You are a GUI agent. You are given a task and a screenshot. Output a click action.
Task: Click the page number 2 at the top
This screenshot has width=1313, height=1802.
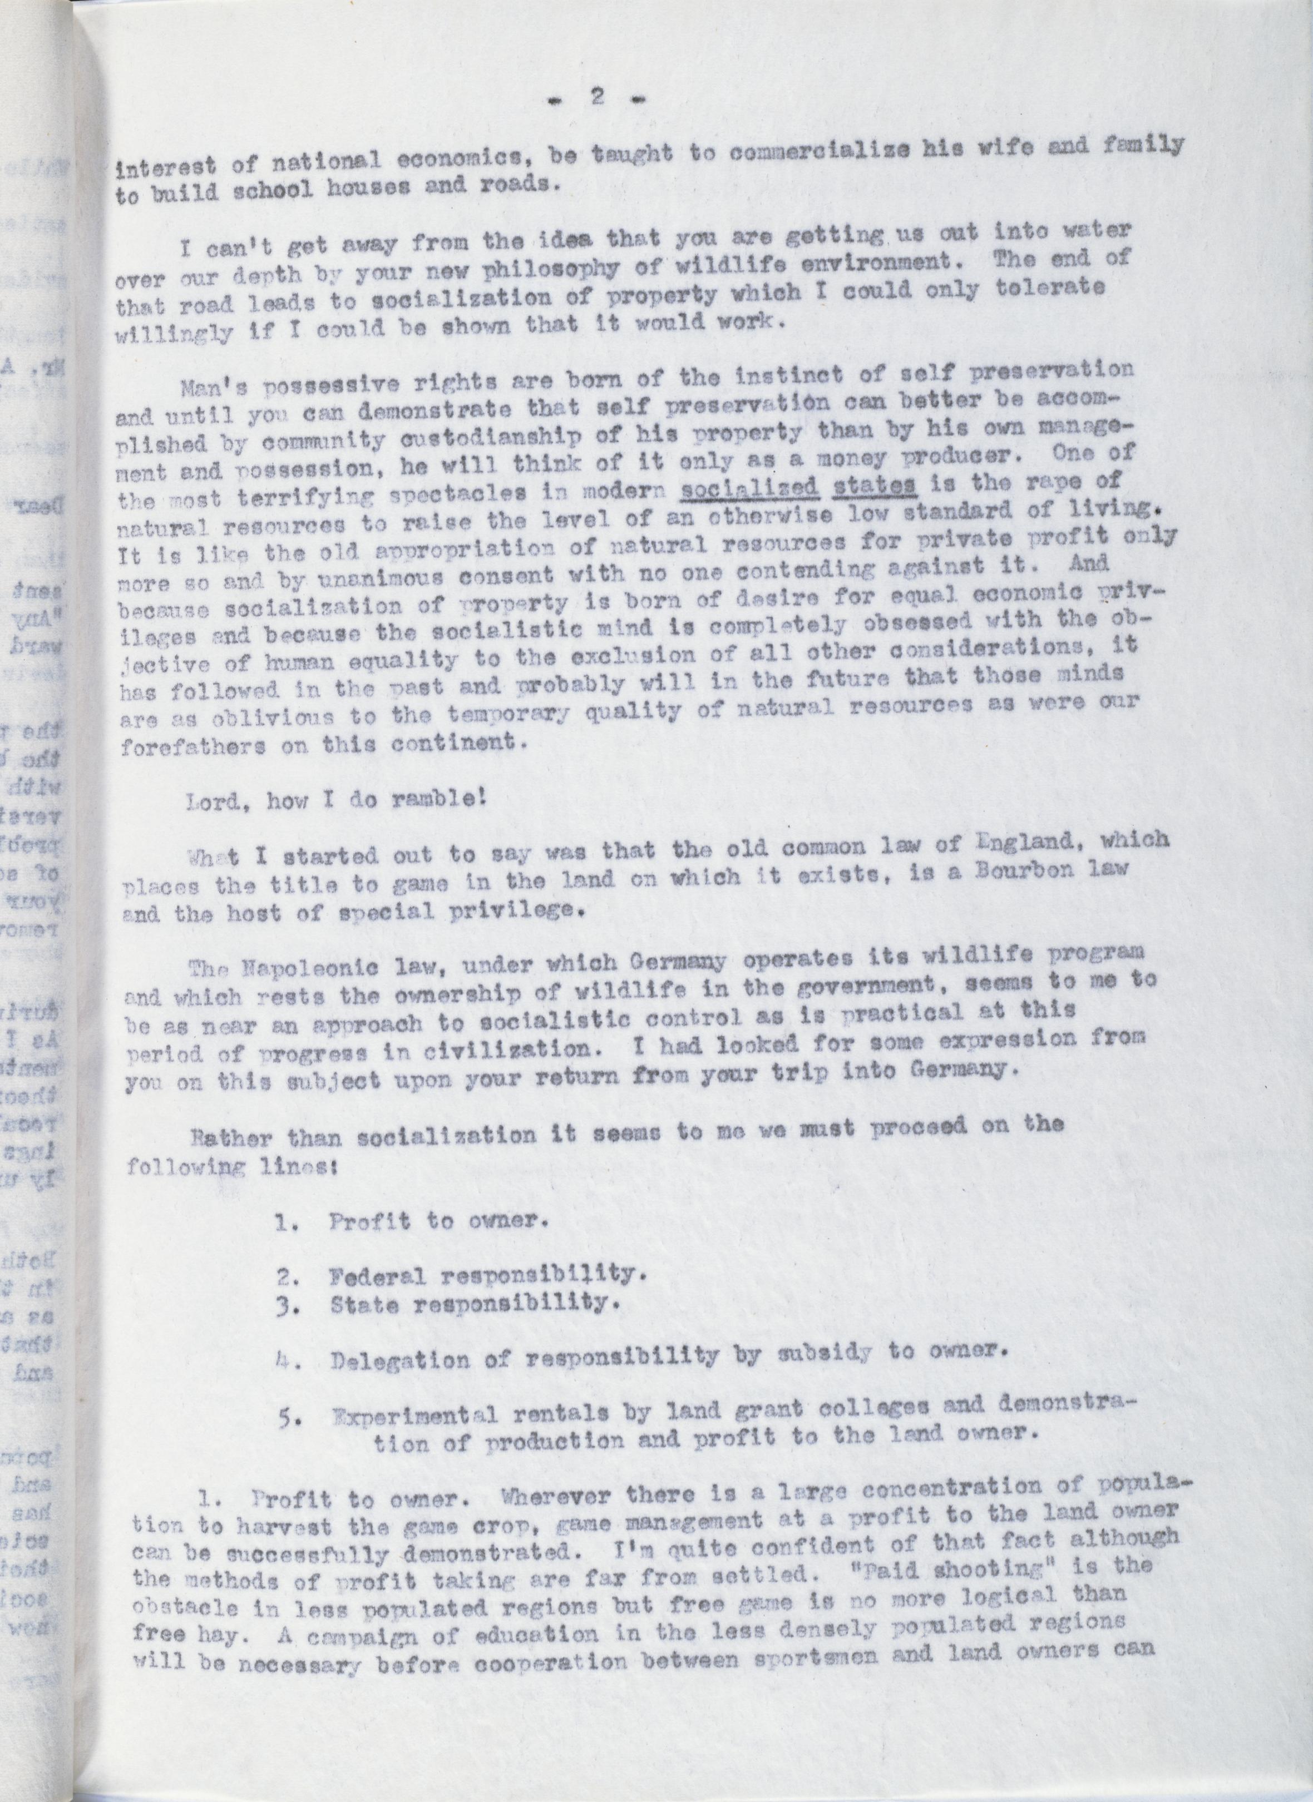598,98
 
